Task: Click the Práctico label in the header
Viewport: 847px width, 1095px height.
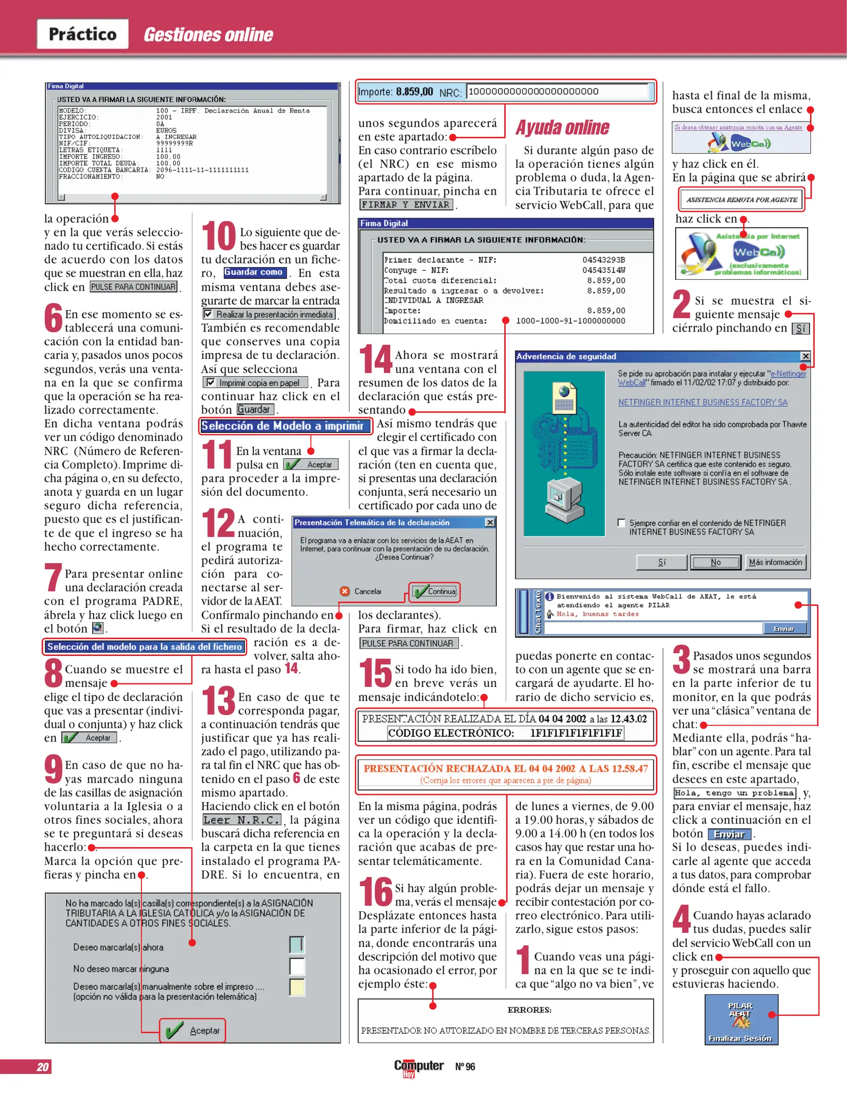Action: (x=82, y=34)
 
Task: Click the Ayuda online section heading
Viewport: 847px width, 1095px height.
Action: (x=562, y=128)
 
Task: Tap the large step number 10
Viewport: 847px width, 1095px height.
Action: (x=218, y=237)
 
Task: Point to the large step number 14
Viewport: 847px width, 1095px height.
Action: (x=375, y=359)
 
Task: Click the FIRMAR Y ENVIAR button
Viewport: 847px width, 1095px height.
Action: (x=406, y=205)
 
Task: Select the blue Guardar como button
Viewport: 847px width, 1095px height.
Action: (x=253, y=272)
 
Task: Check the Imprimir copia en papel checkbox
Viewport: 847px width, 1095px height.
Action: (x=210, y=383)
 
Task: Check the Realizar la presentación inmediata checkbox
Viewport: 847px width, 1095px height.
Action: (x=208, y=314)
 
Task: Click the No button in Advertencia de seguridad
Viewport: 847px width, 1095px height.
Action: (x=715, y=562)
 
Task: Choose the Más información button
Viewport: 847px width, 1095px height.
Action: (x=775, y=562)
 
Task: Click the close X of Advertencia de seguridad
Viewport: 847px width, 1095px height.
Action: (x=804, y=356)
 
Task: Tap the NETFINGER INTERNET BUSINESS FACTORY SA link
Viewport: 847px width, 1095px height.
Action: (x=703, y=403)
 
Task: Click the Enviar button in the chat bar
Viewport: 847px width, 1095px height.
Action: (x=784, y=629)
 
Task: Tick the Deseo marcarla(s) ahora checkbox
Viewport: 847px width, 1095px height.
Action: (x=297, y=944)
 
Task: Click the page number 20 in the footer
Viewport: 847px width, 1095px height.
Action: (x=43, y=1067)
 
